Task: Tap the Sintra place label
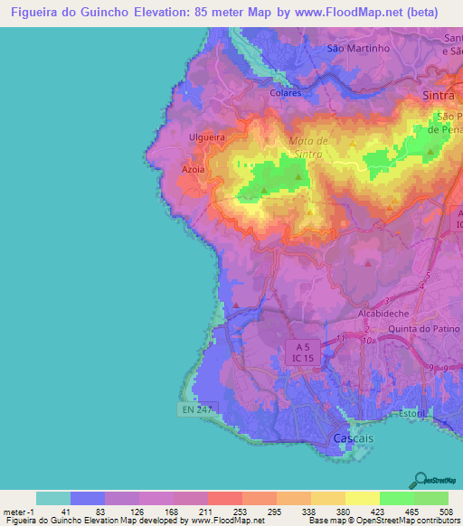pyautogui.click(x=438, y=94)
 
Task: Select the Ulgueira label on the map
pyautogui.click(x=205, y=137)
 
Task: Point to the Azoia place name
pyautogui.click(x=194, y=169)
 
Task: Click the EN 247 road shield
pyautogui.click(x=196, y=409)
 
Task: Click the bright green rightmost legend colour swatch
pyautogui.click(x=430, y=498)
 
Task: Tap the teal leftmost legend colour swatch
pyautogui.click(x=53, y=498)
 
